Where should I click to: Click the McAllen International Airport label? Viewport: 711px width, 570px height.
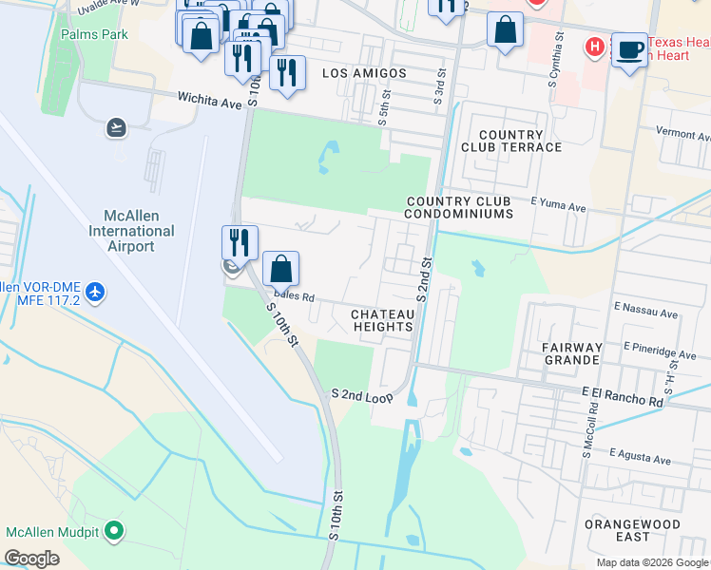131,231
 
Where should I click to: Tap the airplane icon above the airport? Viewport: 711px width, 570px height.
117,126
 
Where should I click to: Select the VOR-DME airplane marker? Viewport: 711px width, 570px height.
94,293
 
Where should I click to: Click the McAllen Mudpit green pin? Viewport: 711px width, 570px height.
115,531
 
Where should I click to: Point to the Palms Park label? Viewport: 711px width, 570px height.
94,34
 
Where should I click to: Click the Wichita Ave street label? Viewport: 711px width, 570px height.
210,97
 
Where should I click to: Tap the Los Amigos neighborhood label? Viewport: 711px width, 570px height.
364,73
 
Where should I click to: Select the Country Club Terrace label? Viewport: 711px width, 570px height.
511,141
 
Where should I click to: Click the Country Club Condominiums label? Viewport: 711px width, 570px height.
459,207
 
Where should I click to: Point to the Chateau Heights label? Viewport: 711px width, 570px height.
383,320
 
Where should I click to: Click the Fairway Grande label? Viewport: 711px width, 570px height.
571,353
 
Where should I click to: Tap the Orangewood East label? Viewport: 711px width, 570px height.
645,530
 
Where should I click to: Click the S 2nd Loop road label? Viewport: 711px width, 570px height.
361,394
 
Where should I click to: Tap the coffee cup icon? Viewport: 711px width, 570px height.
628,49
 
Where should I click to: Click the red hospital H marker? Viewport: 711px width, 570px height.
596,46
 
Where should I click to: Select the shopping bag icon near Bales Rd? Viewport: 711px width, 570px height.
280,269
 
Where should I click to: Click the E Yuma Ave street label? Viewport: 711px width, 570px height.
559,202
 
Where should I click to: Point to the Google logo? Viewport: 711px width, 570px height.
31,559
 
